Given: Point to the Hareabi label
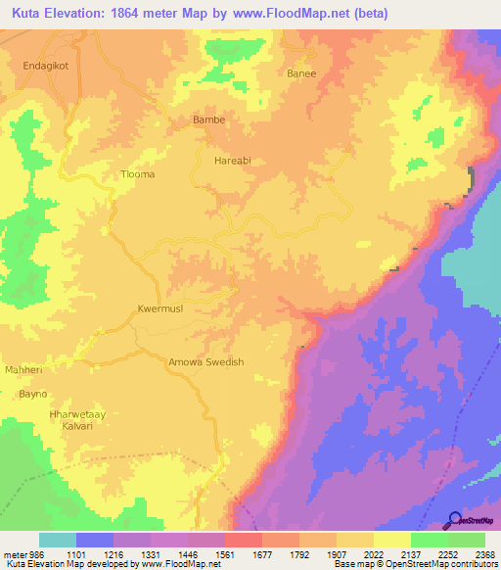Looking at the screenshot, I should pos(235,157).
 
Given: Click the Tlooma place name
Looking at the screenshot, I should pos(137,174).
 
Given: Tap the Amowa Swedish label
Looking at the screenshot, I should pos(206,361).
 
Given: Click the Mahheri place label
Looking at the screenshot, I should pos(25,370).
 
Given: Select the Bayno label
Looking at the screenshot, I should pos(32,394).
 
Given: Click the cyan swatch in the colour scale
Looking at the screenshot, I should pos(58,541).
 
